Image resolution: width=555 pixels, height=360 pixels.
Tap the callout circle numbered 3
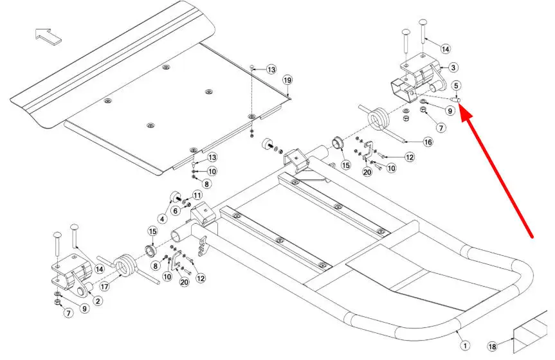(453, 67)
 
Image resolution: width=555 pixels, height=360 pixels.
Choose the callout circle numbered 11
(197, 195)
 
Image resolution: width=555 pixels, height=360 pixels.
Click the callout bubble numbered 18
(492, 346)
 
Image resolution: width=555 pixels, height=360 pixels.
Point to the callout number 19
(287, 80)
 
